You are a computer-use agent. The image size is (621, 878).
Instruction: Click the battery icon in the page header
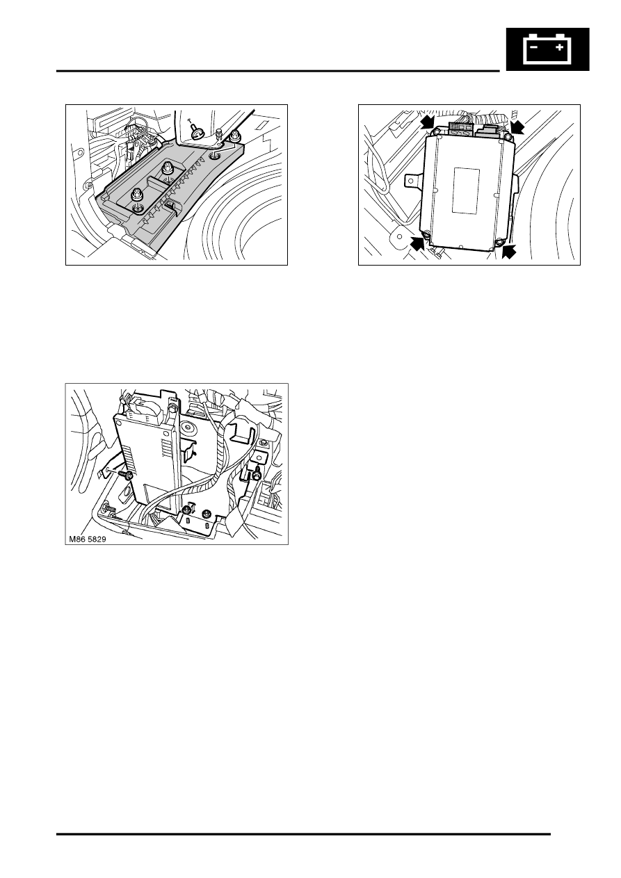tap(547, 49)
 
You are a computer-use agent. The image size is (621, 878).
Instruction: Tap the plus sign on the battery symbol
tap(560, 47)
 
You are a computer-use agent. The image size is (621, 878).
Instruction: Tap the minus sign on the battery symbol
tap(534, 47)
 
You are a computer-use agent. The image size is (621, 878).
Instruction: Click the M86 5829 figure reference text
tap(87, 539)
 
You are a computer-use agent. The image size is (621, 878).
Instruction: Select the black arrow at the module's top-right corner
tap(518, 127)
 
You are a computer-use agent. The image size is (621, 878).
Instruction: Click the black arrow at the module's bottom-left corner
tap(418, 245)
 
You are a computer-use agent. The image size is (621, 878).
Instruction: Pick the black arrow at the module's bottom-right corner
tap(508, 251)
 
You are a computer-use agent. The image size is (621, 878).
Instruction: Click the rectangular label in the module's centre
tap(466, 190)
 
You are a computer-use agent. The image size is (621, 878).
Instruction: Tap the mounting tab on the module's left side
tap(412, 181)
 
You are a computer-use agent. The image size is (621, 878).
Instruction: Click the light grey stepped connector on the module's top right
tap(489, 130)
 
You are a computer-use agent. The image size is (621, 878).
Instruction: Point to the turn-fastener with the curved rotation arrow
tap(196, 130)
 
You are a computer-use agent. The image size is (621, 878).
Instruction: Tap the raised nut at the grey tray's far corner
tap(234, 136)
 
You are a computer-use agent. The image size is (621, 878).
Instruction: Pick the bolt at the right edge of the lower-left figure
tap(257, 473)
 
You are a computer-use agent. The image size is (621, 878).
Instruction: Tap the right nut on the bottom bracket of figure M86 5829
tap(205, 513)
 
